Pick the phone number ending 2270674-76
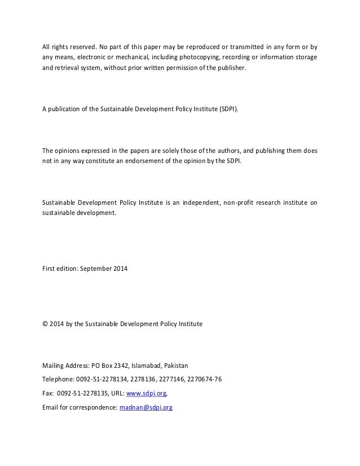[203, 379]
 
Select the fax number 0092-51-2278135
[84, 394]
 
